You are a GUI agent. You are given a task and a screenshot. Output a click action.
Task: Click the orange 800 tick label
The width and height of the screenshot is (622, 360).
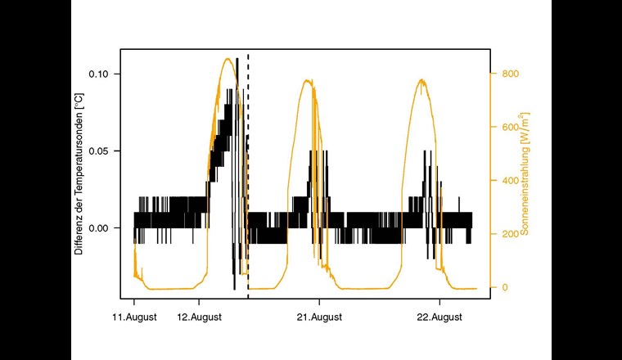pyautogui.click(x=510, y=74)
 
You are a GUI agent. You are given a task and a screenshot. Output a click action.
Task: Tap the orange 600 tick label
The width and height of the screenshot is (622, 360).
pyautogui.click(x=510, y=127)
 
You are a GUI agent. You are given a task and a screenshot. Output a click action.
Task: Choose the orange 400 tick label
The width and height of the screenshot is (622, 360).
pyautogui.click(x=510, y=181)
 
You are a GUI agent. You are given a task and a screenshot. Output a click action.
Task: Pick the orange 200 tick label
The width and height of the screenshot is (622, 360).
pyautogui.click(x=510, y=234)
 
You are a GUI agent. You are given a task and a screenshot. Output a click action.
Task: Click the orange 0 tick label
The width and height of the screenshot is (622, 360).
pyautogui.click(x=504, y=287)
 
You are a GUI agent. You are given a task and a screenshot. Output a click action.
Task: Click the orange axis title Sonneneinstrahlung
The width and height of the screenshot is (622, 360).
pyautogui.click(x=525, y=174)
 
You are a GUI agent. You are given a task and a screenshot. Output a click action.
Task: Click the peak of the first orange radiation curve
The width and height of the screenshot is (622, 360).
pyautogui.click(x=227, y=58)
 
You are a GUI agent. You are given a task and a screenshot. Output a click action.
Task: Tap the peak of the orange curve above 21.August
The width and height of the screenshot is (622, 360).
pyautogui.click(x=307, y=80)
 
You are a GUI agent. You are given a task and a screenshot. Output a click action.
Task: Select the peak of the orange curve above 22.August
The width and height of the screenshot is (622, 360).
pyautogui.click(x=421, y=79)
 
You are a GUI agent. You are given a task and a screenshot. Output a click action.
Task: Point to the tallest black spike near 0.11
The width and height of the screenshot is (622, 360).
pyautogui.click(x=237, y=60)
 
